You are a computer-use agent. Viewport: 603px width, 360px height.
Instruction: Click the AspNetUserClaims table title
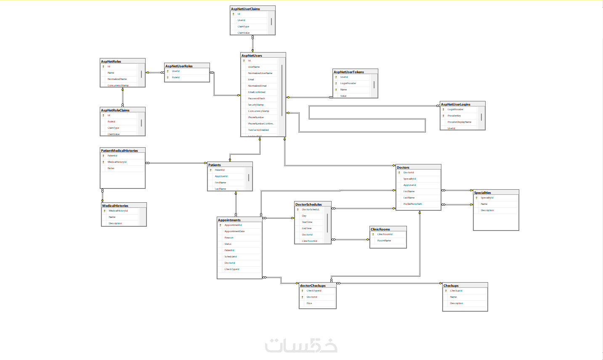click(246, 9)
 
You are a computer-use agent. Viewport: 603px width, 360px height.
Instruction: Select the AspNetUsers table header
click(252, 56)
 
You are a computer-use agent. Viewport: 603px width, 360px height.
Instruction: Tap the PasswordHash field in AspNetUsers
click(256, 98)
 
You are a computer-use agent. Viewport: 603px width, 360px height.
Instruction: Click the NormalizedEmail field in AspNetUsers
click(257, 86)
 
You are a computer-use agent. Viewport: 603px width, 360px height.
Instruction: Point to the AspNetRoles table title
click(111, 61)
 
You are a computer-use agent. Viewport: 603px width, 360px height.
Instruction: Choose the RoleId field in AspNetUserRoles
click(175, 77)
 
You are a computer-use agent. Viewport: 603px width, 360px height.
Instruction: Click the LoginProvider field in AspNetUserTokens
click(348, 83)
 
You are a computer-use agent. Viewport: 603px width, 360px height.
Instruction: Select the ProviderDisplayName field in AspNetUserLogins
click(459, 122)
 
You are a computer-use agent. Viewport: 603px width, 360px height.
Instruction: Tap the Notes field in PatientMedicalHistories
click(111, 168)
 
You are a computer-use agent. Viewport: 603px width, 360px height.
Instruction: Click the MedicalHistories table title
click(115, 206)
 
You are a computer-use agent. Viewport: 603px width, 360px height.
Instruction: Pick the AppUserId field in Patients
click(221, 176)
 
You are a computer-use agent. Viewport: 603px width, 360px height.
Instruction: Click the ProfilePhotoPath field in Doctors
click(412, 204)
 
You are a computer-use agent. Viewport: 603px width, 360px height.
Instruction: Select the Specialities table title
click(483, 193)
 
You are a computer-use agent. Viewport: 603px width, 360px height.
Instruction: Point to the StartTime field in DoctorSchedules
click(307, 222)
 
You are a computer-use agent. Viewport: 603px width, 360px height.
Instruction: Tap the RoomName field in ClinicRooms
click(384, 241)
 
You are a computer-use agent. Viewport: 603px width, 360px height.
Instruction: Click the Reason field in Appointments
click(229, 238)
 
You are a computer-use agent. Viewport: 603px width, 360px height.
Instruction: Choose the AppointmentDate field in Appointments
click(234, 231)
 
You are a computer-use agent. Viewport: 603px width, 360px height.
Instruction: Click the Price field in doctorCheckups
click(309, 303)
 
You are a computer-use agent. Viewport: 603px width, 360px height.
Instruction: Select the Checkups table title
click(451, 286)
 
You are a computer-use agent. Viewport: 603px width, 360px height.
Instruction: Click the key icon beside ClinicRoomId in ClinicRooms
click(373, 234)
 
